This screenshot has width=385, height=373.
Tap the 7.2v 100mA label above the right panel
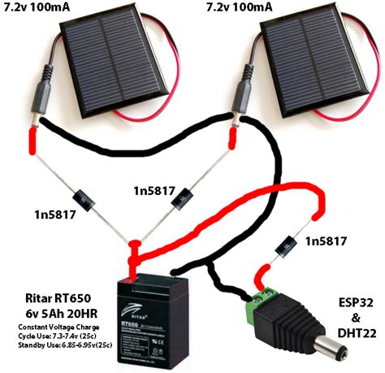pyautogui.click(x=249, y=10)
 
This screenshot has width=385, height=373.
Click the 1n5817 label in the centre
pyautogui.click(x=158, y=190)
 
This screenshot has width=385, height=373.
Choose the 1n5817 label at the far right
pyautogui.click(x=330, y=241)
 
